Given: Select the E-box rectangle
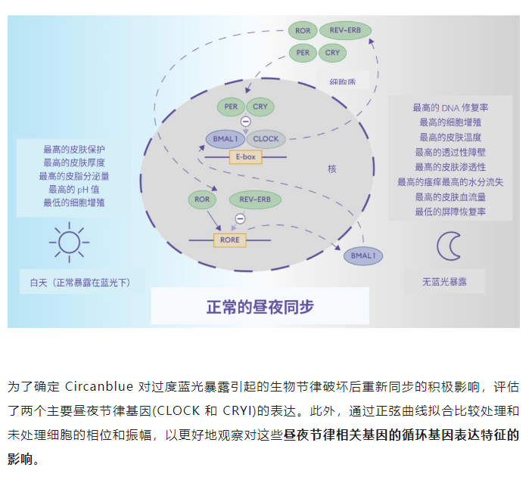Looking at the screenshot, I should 245,157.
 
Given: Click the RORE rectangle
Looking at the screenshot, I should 230,240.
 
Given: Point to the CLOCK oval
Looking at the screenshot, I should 266,139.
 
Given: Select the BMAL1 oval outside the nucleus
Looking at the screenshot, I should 363,256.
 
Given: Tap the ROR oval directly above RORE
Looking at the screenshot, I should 202,200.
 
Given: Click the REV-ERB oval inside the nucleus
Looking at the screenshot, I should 255,200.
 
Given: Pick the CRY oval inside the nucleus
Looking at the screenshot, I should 260,107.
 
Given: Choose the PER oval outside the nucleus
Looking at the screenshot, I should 303,53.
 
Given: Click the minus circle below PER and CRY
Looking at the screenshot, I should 245,122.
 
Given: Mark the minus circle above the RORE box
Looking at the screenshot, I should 240,219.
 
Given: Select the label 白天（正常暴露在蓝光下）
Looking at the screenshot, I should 80,283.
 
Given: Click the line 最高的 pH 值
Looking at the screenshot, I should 74,189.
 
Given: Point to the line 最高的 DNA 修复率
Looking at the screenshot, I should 450,108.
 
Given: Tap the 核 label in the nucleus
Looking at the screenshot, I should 331,169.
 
